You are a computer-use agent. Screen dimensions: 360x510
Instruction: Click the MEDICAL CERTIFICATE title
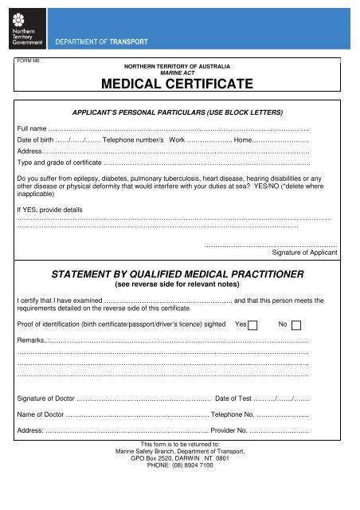pos(179,83)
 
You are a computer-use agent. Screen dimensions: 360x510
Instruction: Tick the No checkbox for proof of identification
pos(296,325)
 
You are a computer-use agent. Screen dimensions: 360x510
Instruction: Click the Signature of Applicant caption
pos(304,252)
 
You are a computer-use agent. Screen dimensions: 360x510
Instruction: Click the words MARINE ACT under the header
pos(179,70)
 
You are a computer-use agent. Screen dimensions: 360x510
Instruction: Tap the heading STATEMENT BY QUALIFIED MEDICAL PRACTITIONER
pos(179,274)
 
